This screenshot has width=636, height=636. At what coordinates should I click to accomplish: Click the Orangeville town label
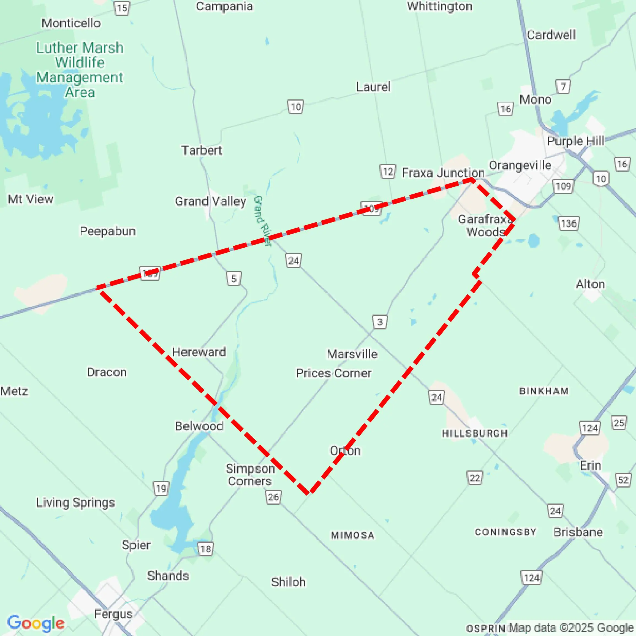click(520, 165)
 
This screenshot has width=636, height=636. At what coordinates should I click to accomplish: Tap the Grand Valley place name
click(210, 201)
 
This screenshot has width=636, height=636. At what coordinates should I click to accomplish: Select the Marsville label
click(352, 354)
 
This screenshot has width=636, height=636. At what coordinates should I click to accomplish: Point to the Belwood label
click(199, 426)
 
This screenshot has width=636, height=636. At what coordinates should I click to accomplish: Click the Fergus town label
click(113, 614)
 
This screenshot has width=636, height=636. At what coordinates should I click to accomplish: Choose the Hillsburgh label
click(475, 434)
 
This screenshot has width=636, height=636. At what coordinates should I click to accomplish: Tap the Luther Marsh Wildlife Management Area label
click(80, 70)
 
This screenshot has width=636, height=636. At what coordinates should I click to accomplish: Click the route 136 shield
click(569, 224)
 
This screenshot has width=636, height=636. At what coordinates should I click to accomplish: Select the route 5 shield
click(234, 279)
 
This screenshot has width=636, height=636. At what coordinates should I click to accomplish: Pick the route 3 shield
click(380, 322)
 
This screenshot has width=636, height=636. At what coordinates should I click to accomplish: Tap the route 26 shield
click(273, 497)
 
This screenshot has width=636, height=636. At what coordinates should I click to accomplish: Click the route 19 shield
click(161, 488)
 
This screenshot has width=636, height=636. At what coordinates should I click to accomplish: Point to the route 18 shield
click(205, 549)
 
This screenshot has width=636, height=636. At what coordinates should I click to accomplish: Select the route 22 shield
click(474, 478)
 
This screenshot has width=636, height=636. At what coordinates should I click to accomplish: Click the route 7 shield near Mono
click(563, 86)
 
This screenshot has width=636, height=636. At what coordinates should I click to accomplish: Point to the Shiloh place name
click(288, 582)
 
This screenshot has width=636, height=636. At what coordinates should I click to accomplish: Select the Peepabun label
click(107, 231)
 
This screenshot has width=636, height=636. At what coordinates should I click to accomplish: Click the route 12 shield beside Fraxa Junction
click(388, 172)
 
